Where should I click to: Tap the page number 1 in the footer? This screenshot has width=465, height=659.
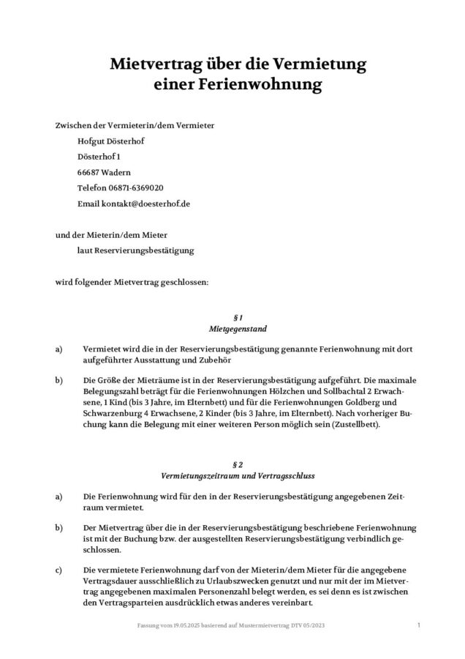click(x=418, y=625)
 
